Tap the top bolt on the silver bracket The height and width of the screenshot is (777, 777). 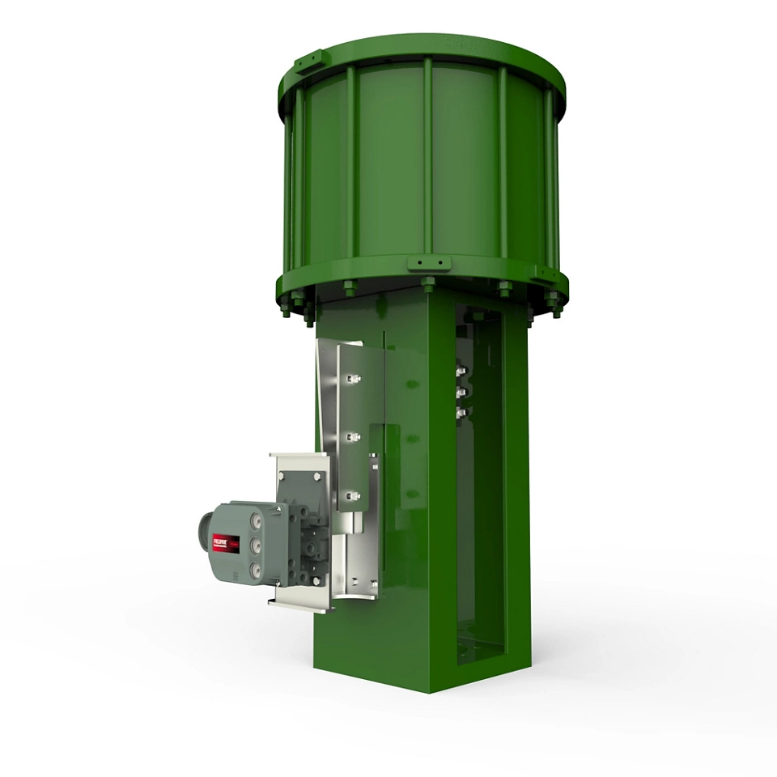coord(354,378)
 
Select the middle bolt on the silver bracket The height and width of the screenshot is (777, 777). coord(354,437)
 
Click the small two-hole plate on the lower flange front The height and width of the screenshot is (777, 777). coord(429,264)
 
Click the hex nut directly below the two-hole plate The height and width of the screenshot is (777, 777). coord(428,283)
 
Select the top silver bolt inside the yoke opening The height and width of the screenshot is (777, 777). coord(462,373)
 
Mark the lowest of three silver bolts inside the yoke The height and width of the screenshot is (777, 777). coord(462,413)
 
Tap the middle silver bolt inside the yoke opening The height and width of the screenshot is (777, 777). coord(462,393)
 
